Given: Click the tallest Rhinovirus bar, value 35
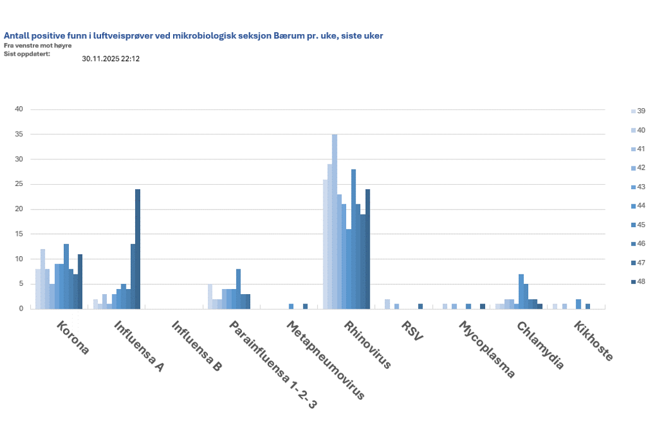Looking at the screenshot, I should coord(335,221).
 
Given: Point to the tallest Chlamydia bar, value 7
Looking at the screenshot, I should coord(521,292).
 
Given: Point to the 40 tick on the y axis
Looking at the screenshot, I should coord(19,109).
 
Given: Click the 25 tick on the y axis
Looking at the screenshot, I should coord(19,184).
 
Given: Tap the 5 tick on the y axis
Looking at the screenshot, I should coord(21,284).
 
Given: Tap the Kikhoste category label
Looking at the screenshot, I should coord(593,342).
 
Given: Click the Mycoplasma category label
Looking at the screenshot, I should coord(486,350).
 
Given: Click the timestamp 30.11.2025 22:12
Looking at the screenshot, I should coord(111,59).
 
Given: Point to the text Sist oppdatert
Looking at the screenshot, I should coord(27,53).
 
